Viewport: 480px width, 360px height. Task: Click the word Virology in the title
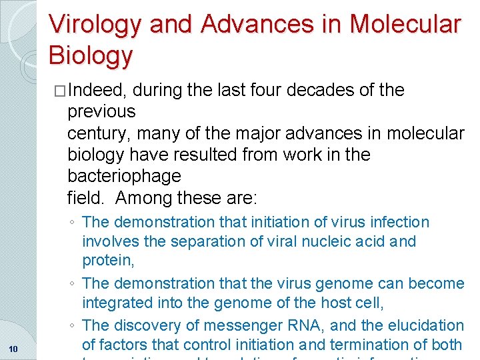[95, 24]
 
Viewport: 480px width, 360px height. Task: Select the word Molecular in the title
[405, 24]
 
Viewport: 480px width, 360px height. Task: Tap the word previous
[101, 111]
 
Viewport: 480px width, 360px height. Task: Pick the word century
[97, 133]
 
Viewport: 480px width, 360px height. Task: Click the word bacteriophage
[124, 176]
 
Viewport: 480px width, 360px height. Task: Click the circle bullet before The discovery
[71, 326]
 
